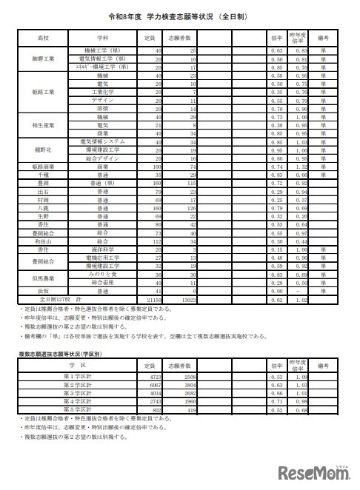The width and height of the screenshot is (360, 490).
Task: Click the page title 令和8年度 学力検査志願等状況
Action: [x=181, y=14]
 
